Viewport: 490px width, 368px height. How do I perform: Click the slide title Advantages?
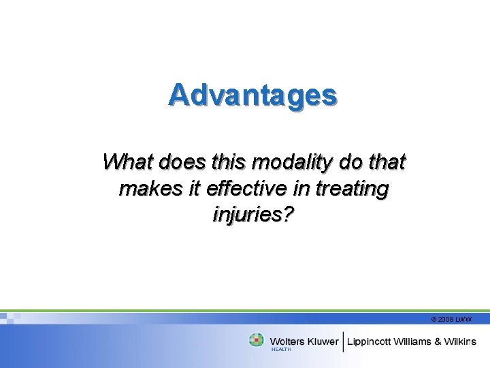tap(252, 95)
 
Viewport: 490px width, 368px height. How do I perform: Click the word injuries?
tap(253, 215)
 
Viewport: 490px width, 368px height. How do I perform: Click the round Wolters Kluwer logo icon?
tap(257, 340)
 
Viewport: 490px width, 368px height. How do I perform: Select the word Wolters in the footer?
tap(288, 341)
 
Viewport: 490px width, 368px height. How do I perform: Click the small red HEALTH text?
tap(280, 350)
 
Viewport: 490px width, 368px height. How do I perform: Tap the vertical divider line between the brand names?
tap(343, 341)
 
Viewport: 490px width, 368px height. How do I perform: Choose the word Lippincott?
tap(372, 341)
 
